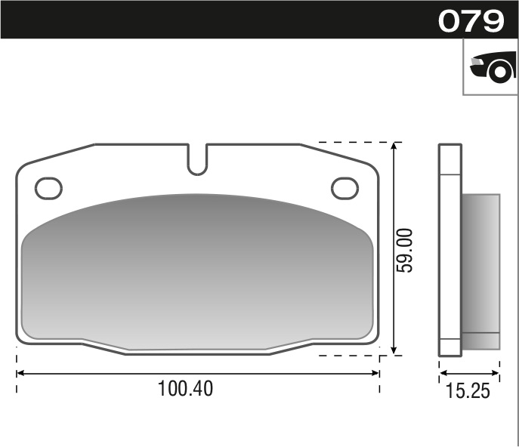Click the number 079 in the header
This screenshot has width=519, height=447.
click(x=471, y=20)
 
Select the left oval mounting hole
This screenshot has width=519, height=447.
click(x=49, y=187)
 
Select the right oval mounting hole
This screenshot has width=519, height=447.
click(x=345, y=187)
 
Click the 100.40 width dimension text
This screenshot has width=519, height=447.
click(x=185, y=389)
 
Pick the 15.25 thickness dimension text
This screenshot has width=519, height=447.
click(x=468, y=390)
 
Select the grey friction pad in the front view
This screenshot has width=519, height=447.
click(x=197, y=272)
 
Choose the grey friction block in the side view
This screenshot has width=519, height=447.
click(x=480, y=264)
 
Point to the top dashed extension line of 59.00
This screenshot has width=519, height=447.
click(x=355, y=142)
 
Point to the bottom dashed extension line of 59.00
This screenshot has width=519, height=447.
click(x=355, y=355)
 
